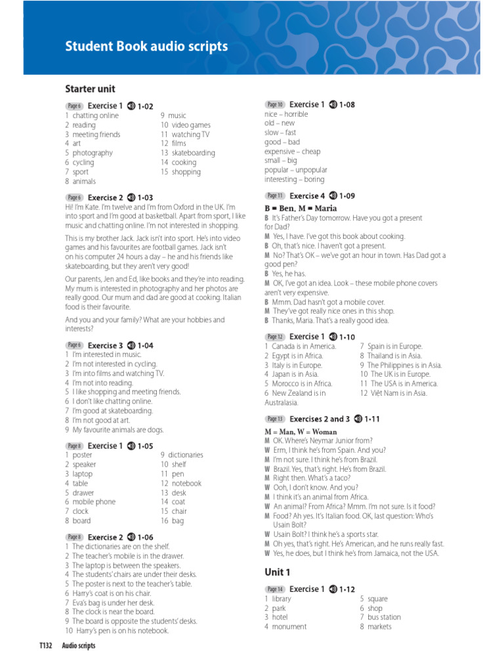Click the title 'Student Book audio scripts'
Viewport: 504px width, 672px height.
146,47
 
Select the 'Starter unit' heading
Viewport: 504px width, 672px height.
90,89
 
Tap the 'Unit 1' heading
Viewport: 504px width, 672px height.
278,572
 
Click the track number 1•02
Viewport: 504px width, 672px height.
145,106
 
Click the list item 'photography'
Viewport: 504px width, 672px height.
93,153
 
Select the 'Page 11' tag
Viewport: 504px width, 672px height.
275,196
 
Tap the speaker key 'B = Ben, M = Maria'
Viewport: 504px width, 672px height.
300,208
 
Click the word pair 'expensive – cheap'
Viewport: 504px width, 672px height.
292,151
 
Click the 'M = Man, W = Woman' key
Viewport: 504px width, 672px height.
301,432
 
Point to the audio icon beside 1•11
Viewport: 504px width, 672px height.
358,419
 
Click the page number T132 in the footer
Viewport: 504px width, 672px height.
46,646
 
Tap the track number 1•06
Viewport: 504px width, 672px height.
145,537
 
